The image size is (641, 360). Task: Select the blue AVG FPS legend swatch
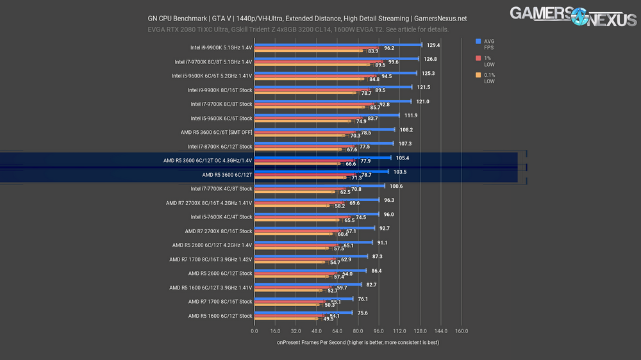(478, 42)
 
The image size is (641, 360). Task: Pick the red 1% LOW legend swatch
(478, 58)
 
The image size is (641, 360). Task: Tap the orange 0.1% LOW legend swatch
(478, 76)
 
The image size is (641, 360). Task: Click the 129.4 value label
(433, 45)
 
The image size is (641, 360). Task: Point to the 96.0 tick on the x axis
(378, 331)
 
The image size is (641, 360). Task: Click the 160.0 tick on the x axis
(461, 331)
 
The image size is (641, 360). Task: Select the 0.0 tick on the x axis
(254, 331)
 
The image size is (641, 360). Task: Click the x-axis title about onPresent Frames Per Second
(358, 343)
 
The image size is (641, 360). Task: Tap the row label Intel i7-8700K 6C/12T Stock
(220, 147)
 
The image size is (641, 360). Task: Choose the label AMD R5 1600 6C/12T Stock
(220, 316)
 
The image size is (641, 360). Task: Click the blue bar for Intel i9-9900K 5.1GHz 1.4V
(338, 45)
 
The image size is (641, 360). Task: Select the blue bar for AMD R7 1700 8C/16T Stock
(304, 299)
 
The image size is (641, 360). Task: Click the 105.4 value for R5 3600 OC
(402, 158)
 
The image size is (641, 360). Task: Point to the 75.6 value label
(363, 313)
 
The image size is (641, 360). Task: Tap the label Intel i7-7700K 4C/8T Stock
(221, 189)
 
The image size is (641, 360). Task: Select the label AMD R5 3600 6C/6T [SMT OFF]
(217, 133)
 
